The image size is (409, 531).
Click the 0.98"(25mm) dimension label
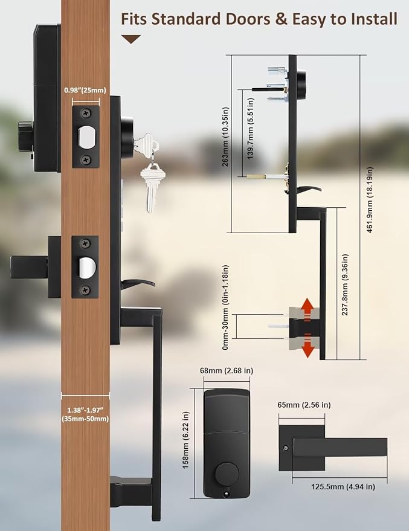click(85, 91)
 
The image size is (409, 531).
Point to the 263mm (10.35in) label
click(225, 144)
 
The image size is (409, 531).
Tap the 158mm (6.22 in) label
click(187, 443)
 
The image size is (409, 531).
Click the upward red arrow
click(308, 307)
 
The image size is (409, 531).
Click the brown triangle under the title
click(131, 39)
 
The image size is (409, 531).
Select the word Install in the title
click(373, 19)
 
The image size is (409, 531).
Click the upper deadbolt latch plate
click(85, 137)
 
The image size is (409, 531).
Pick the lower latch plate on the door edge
click(85, 266)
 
